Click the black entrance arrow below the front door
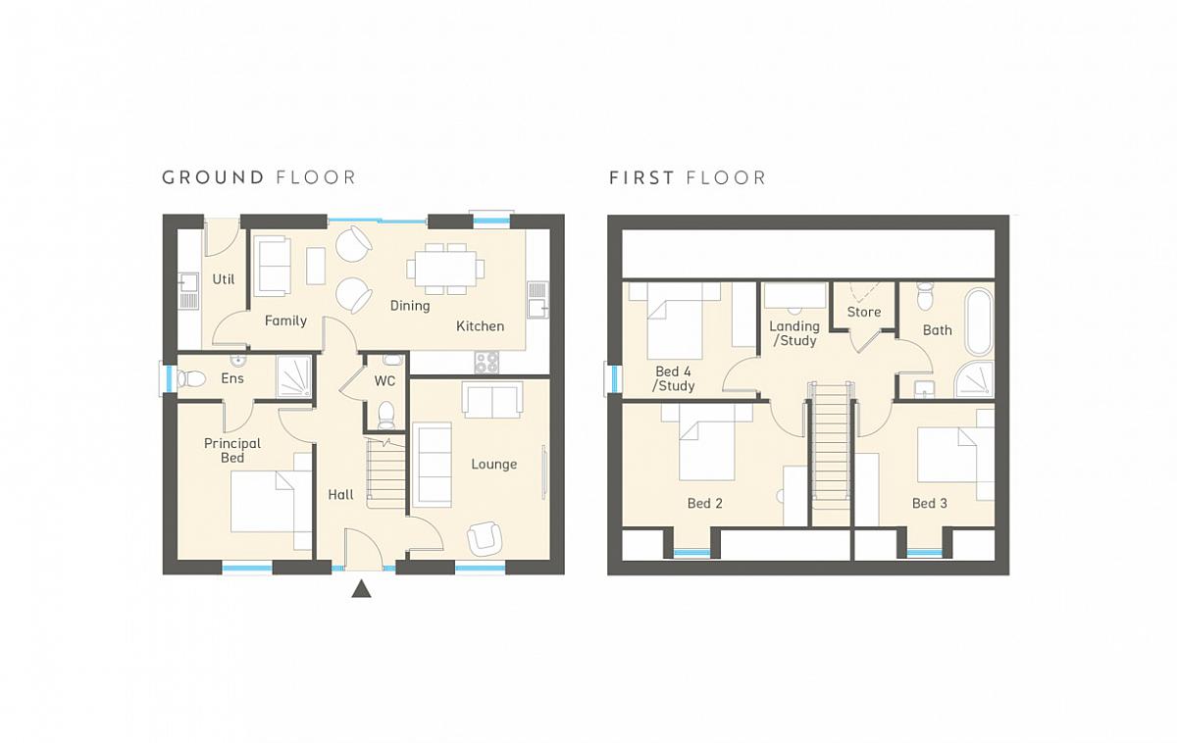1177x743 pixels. coord(361,589)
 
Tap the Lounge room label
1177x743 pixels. coord(494,465)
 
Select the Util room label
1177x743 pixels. coord(224,279)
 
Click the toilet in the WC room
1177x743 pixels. coord(386,415)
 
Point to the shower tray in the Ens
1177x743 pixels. coord(295,376)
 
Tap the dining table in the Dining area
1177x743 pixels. coord(445,269)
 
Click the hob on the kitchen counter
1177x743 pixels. coord(486,362)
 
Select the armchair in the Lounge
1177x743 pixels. coord(484,538)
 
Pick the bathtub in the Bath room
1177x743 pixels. coord(979,322)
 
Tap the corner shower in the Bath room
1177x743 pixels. coord(974,380)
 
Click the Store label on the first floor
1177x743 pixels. coord(864,312)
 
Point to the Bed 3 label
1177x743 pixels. coord(930,504)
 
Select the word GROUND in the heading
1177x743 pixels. coord(213,177)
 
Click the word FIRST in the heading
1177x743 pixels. coord(641,178)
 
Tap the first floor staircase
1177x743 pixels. coord(830,453)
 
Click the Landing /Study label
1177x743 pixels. coord(794,333)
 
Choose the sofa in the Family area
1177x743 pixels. coord(273,266)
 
